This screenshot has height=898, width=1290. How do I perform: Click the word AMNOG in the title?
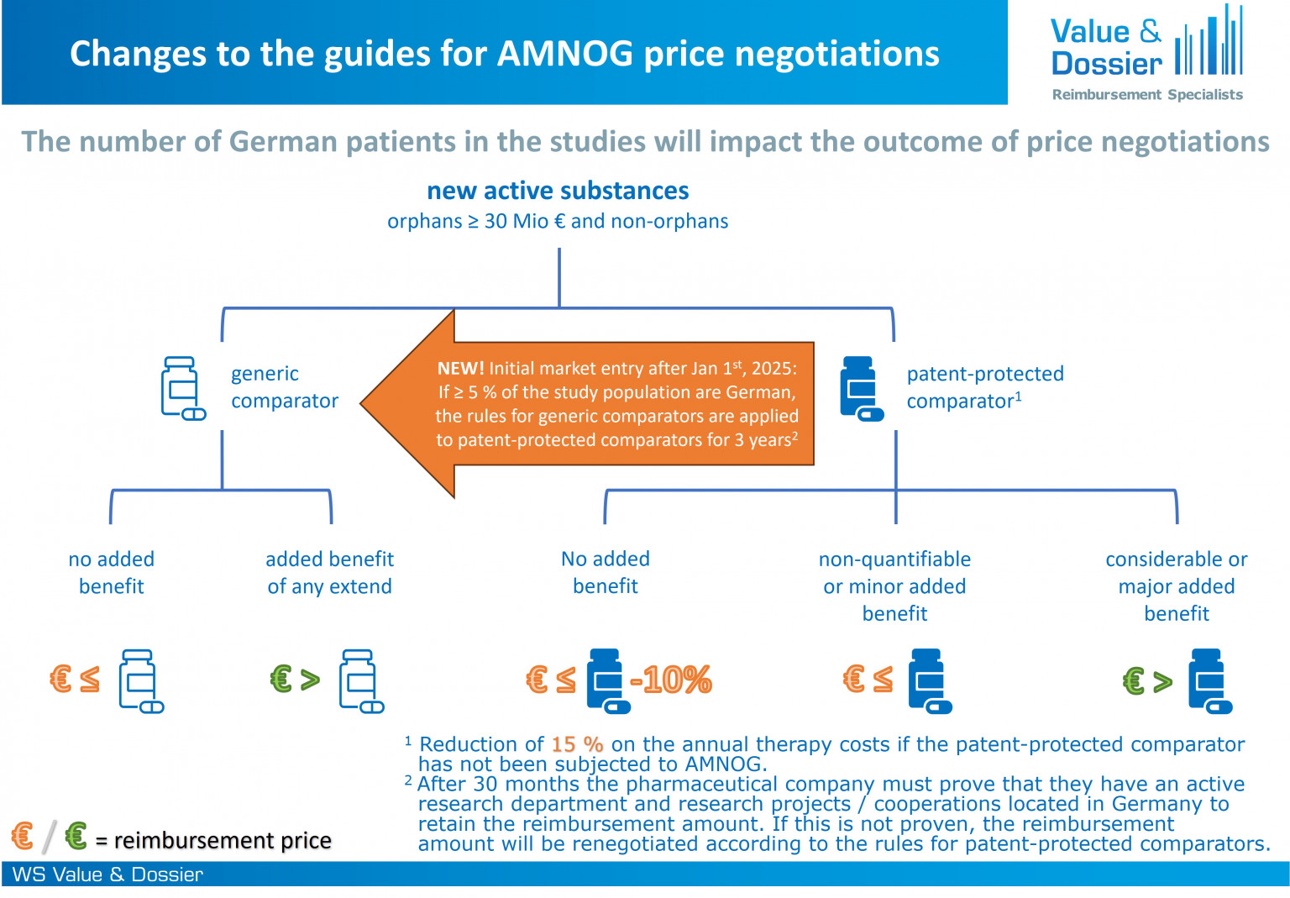click(565, 54)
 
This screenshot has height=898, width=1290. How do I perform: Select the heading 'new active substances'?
click(558, 191)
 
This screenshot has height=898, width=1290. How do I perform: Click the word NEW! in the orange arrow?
click(460, 368)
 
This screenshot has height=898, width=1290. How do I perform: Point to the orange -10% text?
click(670, 680)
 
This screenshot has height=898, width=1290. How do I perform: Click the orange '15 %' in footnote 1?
click(577, 744)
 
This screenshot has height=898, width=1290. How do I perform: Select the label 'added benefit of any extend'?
click(329, 572)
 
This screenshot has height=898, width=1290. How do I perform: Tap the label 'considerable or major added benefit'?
click(1176, 586)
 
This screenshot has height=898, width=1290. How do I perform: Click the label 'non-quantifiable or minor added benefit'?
click(894, 586)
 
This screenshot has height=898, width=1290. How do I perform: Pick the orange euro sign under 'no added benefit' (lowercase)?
click(60, 679)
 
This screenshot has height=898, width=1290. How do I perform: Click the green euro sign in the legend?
click(76, 836)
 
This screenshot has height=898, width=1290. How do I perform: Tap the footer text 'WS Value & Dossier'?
click(107, 874)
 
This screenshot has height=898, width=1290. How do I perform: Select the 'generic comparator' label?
click(284, 387)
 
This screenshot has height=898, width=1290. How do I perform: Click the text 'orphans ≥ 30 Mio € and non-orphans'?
click(558, 221)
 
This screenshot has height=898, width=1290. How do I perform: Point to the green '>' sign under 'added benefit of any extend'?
click(310, 680)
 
